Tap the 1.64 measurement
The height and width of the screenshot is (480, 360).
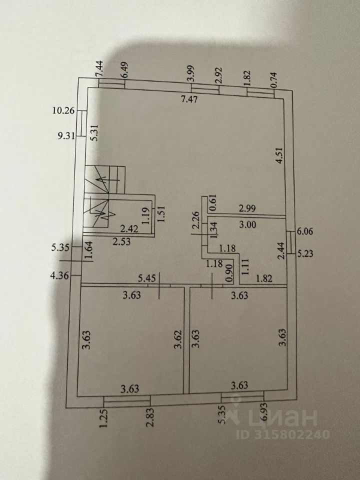89,249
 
